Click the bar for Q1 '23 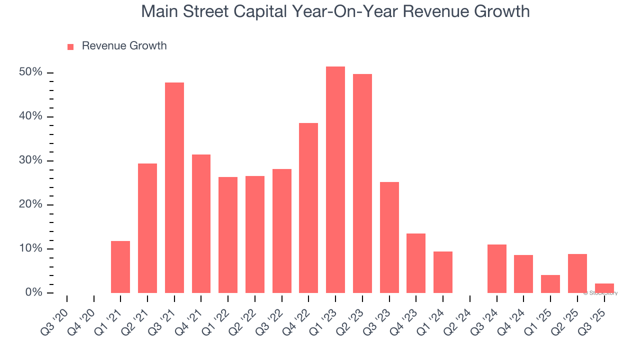click(335, 180)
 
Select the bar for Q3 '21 click(174, 187)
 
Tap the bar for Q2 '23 click(362, 183)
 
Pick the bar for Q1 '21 click(120, 267)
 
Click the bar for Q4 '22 click(308, 208)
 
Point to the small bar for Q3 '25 click(604, 288)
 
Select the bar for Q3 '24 click(497, 268)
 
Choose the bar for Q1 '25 click(550, 284)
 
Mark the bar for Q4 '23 click(416, 263)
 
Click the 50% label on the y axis click(31, 72)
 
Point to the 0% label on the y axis click(34, 292)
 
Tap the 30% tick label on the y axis click(31, 160)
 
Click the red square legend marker click(70, 47)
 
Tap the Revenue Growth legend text click(124, 46)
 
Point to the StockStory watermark click(600, 293)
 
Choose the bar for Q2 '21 click(147, 228)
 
